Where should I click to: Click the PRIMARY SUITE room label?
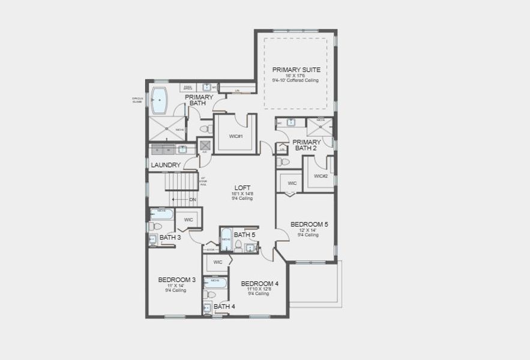[296, 69]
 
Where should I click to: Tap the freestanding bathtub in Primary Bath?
[160, 100]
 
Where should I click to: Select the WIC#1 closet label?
[236, 136]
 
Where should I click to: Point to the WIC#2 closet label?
[321, 176]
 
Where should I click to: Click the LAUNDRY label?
[166, 165]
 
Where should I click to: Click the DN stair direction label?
[193, 199]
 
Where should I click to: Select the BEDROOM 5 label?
[309, 224]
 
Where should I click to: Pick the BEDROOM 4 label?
[259, 283]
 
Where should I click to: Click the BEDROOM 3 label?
[176, 280]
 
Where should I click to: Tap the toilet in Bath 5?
[238, 246]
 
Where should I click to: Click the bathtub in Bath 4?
[215, 282]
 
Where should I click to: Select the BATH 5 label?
[244, 235]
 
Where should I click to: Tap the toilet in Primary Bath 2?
[285, 162]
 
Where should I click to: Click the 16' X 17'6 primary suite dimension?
[296, 76]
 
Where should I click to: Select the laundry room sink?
[182, 149]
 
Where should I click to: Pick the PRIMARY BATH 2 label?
[306, 145]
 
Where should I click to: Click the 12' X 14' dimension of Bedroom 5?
[309, 230]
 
